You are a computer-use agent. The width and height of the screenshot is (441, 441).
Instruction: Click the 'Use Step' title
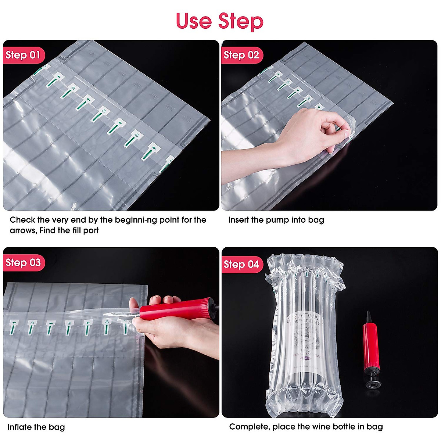tap(220, 21)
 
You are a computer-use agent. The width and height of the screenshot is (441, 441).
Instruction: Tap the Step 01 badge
tap(23, 55)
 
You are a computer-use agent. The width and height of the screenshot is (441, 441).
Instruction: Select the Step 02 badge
tap(241, 55)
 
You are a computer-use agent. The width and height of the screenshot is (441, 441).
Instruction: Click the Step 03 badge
tap(23, 263)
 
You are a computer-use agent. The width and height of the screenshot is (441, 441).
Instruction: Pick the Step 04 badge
tap(241, 264)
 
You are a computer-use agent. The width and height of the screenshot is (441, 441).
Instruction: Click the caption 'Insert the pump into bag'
tap(276, 220)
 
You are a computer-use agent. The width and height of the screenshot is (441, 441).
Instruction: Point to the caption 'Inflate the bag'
tap(36, 427)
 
